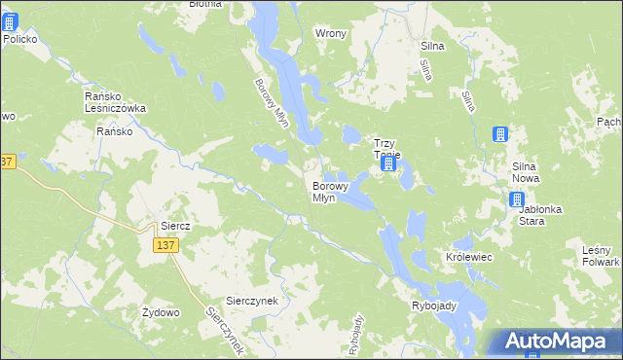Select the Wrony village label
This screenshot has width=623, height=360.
[x=331, y=33]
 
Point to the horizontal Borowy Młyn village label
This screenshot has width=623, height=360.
[x=324, y=191]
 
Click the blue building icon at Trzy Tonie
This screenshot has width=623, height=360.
[x=387, y=163]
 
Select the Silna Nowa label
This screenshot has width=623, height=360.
[x=532, y=173]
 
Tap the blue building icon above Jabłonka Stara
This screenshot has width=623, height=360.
[x=518, y=200]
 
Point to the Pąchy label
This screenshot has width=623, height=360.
[x=609, y=122]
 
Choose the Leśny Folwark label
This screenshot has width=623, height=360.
[x=601, y=257]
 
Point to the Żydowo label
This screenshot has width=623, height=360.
[x=161, y=312]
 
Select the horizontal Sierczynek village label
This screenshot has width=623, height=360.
[x=252, y=301]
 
